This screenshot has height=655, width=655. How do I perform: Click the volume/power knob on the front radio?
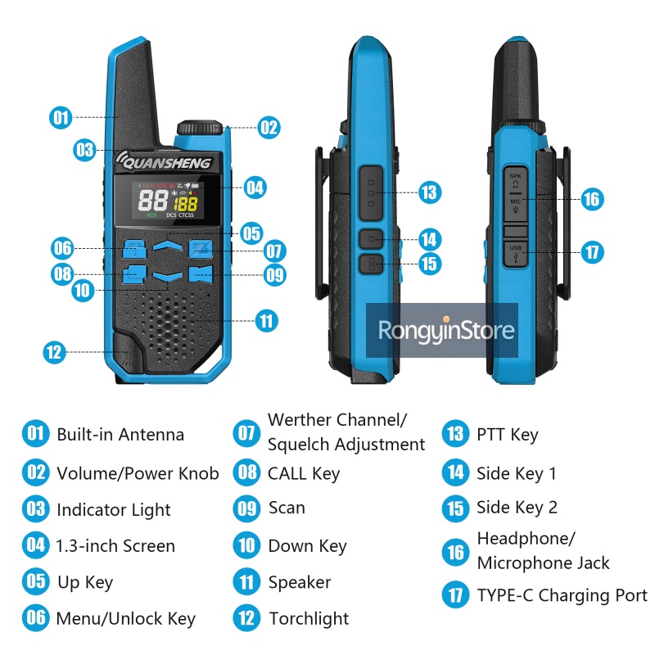click(200, 128)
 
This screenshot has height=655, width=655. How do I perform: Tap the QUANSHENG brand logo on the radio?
click(164, 161)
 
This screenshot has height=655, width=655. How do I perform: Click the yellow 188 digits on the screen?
click(186, 204)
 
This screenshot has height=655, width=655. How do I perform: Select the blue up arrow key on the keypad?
click(168, 246)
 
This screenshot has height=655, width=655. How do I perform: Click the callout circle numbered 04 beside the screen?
click(255, 187)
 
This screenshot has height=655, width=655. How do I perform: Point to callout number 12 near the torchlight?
click(54, 352)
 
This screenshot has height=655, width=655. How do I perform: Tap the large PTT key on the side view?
click(371, 193)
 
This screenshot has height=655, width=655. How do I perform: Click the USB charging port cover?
click(516, 254)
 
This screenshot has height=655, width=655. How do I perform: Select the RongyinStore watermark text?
click(446, 331)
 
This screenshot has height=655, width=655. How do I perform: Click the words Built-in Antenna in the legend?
click(120, 435)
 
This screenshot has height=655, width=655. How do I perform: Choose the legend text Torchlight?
click(309, 619)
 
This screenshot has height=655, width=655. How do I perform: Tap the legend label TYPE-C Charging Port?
click(562, 595)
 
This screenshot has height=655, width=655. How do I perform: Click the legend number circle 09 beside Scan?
click(246, 508)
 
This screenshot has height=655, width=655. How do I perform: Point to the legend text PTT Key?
click(508, 435)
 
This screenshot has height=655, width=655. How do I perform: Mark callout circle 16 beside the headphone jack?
click(592, 199)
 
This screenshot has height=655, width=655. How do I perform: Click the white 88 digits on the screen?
click(153, 201)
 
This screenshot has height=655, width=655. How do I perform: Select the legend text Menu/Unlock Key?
click(126, 619)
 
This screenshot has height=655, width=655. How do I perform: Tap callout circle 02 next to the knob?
click(269, 128)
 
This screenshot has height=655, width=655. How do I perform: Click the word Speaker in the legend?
click(300, 582)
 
